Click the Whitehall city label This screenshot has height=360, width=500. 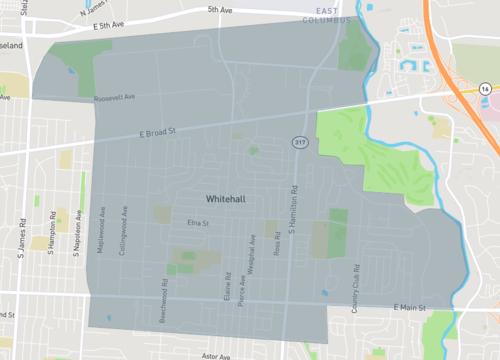click(230, 199)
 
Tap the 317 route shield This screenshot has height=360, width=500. click(299, 143)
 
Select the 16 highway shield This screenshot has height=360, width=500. click(484, 89)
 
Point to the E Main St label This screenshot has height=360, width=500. click(409, 306)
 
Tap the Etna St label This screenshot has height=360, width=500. click(196, 223)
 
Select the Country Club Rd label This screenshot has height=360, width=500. click(355, 289)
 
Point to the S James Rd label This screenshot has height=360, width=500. click(21, 239)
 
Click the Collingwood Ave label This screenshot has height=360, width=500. click(123, 233)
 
